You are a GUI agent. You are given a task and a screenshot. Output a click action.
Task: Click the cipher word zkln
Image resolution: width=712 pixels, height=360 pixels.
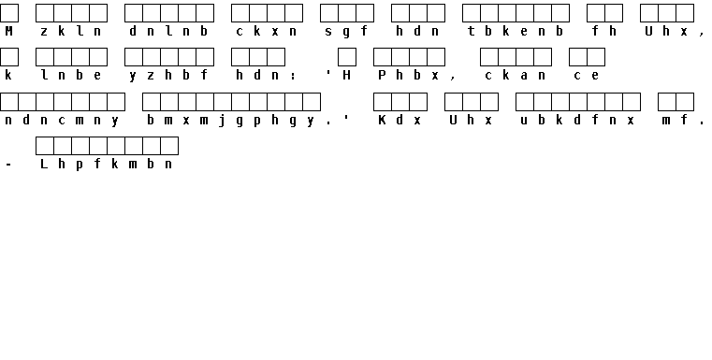click(71, 31)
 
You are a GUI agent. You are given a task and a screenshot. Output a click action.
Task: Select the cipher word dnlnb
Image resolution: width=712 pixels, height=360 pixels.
click(168, 31)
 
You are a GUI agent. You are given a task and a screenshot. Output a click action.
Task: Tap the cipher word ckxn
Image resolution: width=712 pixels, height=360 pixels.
click(267, 31)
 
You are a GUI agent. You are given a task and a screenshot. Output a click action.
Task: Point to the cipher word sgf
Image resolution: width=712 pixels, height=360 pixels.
click(346, 32)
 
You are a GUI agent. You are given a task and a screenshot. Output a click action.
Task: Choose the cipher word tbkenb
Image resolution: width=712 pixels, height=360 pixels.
click(516, 31)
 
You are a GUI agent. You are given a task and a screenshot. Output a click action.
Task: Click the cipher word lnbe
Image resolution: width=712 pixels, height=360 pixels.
click(71, 76)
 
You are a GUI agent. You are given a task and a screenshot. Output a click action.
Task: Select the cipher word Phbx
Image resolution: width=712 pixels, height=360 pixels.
click(409, 76)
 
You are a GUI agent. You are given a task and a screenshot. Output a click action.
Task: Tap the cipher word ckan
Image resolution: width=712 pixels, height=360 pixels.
click(516, 76)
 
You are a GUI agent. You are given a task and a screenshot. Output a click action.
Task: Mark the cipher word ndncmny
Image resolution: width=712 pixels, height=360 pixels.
click(62, 121)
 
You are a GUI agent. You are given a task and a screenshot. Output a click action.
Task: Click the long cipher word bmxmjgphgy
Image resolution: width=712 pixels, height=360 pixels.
click(231, 121)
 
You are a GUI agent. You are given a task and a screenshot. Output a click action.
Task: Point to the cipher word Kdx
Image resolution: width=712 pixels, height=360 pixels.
click(400, 120)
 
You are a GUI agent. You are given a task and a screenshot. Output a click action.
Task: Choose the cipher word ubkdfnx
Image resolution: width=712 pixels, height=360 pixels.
click(577, 120)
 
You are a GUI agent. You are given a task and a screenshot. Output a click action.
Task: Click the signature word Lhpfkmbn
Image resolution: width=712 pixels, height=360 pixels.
click(107, 165)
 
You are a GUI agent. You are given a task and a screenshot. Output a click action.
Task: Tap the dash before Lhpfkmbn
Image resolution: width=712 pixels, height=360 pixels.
click(8, 165)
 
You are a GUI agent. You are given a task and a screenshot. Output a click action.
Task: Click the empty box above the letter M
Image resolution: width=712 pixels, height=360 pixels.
click(9, 13)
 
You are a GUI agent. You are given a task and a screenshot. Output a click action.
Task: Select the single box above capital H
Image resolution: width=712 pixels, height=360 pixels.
click(347, 57)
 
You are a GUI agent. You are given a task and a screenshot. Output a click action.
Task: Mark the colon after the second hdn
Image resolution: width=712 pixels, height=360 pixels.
click(293, 77)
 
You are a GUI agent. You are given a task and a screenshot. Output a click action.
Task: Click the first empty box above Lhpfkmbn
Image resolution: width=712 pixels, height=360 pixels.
click(45, 146)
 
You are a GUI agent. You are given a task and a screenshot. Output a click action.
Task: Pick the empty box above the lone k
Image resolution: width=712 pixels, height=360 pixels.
click(9, 57)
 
